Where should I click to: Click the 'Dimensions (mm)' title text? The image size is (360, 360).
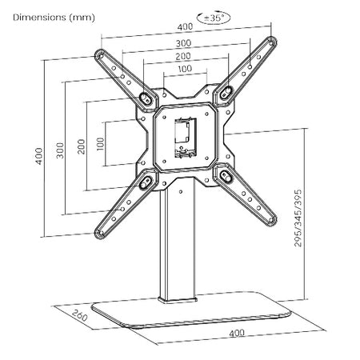[x=54, y=18]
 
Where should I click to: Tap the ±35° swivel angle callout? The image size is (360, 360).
[x=214, y=18]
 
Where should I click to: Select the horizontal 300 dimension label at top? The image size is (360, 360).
[x=183, y=43]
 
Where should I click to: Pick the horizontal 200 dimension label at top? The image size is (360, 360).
[x=183, y=56]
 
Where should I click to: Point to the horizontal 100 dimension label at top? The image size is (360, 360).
[x=185, y=69]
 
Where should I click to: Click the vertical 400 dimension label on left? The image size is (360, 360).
[x=39, y=156]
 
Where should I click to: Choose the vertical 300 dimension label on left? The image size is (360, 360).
[x=60, y=150]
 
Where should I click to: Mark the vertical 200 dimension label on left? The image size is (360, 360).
[x=81, y=146]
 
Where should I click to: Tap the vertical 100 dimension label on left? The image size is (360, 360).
[x=101, y=144]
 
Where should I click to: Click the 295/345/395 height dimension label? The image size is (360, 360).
[x=298, y=218]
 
